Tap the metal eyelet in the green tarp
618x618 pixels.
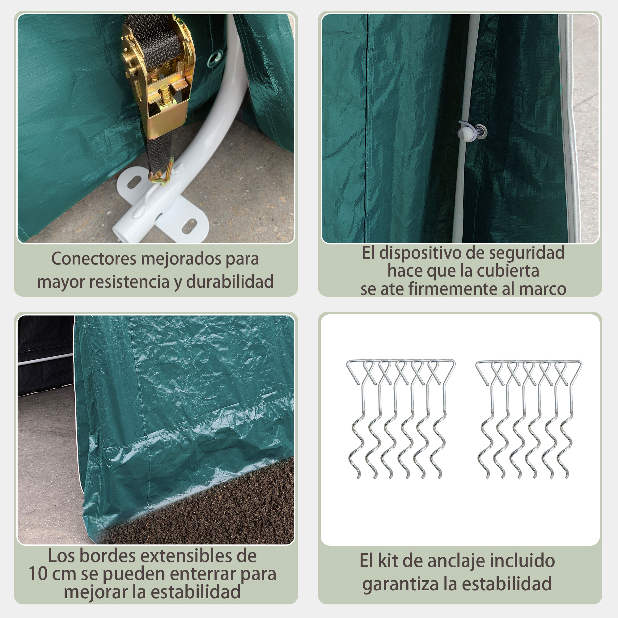[214, 57]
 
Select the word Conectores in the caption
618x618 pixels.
[94, 258]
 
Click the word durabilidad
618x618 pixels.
[230, 281]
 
